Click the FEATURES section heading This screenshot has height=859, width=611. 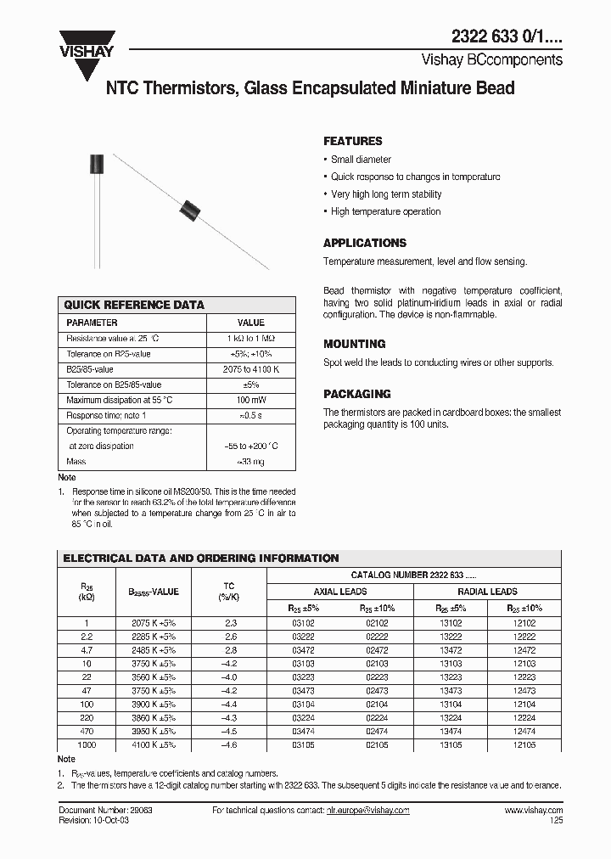point(353,141)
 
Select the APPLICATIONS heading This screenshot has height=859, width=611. point(365,243)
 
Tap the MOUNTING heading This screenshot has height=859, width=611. point(355,344)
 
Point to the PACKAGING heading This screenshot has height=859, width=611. point(357,394)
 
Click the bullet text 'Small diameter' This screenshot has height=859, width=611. point(361,160)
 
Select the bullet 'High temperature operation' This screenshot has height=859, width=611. point(385,211)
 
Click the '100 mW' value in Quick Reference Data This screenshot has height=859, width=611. point(250,400)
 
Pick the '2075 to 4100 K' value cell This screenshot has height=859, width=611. point(250,369)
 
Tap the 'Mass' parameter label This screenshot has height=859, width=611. point(76,462)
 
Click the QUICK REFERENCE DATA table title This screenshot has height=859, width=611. point(135,305)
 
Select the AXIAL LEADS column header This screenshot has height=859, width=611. point(340,592)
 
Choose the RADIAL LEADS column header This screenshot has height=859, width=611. point(487,592)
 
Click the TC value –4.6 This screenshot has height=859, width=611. point(229,745)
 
